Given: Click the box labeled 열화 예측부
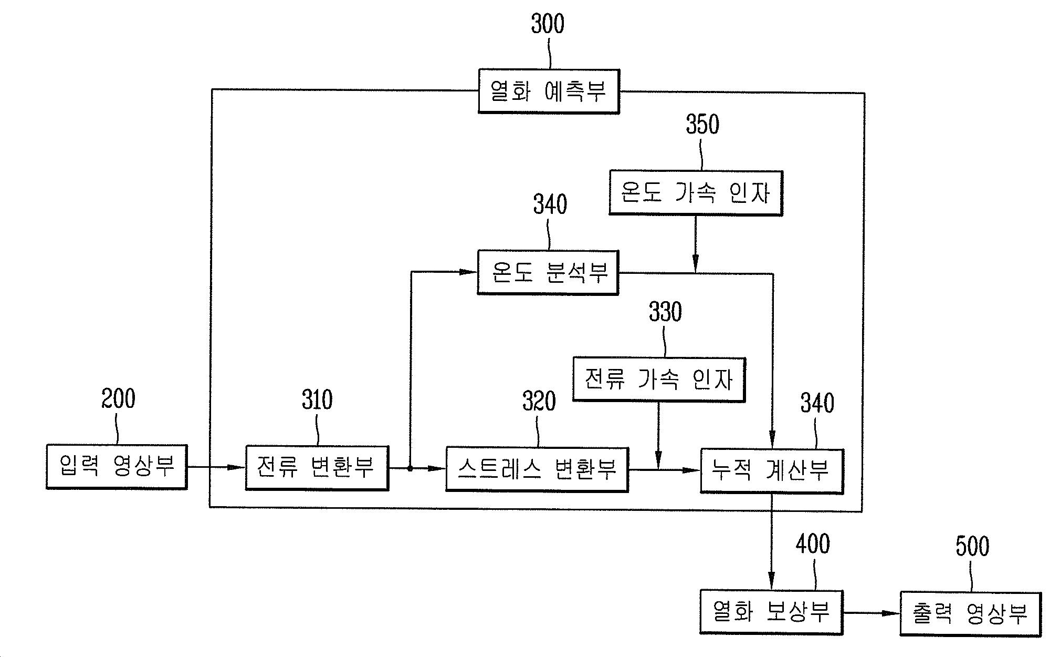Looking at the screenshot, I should point(549,91).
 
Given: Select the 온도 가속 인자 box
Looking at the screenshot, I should point(696,193).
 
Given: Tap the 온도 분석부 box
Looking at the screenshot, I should point(548,272).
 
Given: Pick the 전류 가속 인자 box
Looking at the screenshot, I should point(659,379).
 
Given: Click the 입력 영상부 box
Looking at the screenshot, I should point(117,467).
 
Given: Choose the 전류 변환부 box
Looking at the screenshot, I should point(317,468).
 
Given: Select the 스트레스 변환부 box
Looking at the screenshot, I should point(537,469).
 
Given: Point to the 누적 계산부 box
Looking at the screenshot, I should point(772,471).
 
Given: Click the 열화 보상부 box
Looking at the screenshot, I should point(771,612).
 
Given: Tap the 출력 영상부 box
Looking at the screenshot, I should point(970,614).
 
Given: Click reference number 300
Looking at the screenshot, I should point(548,24).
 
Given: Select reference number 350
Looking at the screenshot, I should point(702,125).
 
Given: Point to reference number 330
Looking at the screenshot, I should point(665,312).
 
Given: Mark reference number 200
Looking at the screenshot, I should point(118,399).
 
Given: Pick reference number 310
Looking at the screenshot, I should point(317,401).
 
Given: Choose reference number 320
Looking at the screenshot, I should point(539,402).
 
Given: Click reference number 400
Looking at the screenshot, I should point(813,545).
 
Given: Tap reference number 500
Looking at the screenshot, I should point(972,547).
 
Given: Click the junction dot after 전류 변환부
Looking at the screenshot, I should point(410,468).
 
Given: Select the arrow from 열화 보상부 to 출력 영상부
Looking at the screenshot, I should point(871,613).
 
